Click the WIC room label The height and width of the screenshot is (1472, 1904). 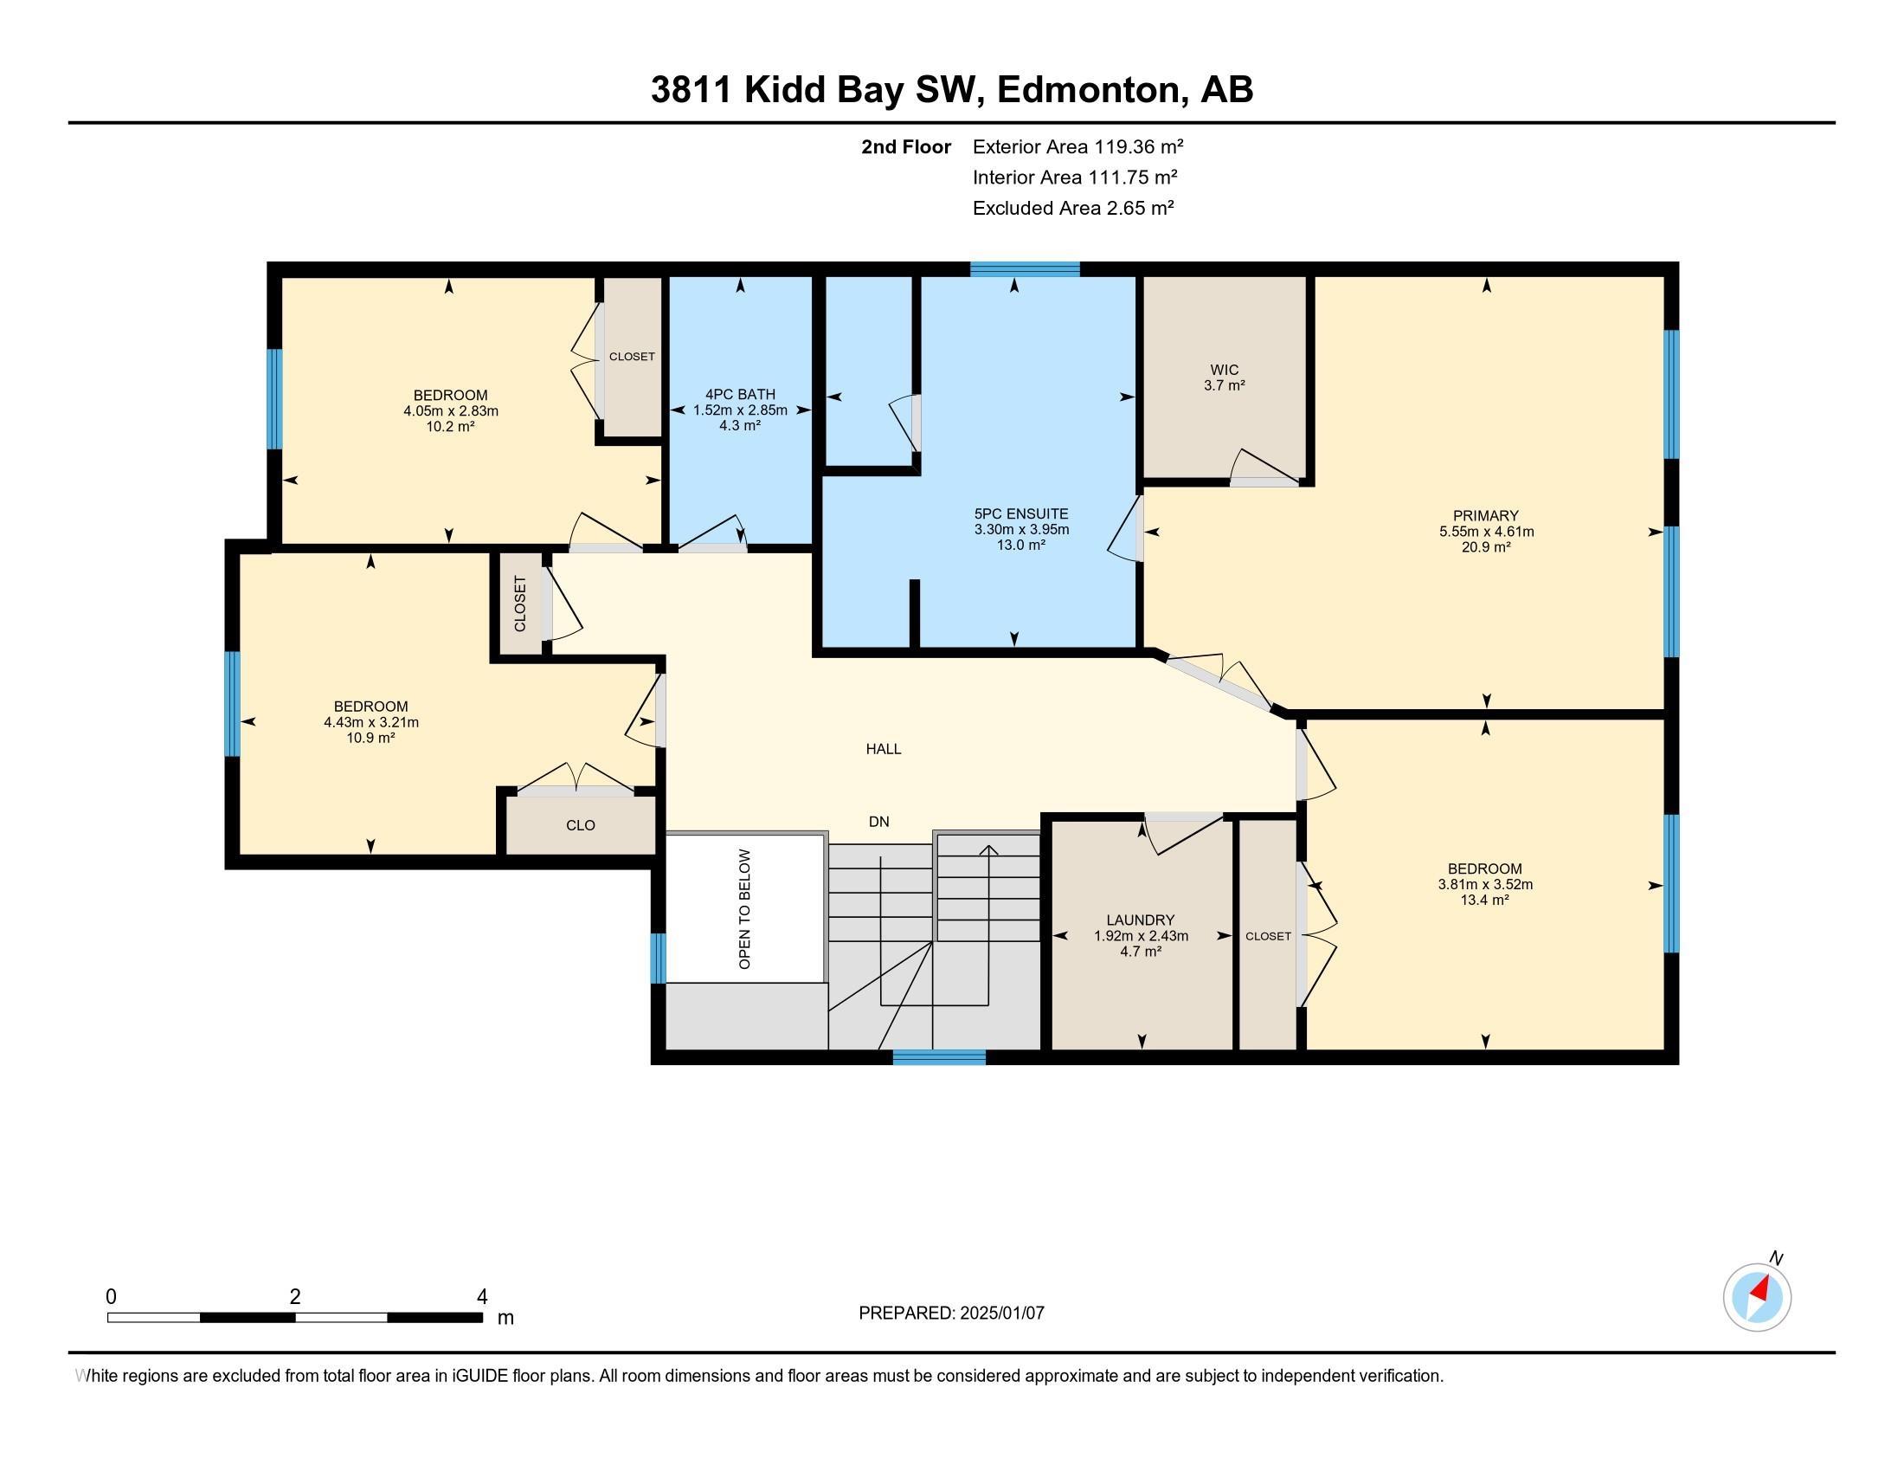pyautogui.click(x=1224, y=370)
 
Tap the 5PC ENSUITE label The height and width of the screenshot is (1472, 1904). pyautogui.click(x=1021, y=514)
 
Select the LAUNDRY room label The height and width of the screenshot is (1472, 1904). pyautogui.click(x=1141, y=920)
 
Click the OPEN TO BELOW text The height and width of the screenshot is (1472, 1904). pyautogui.click(x=744, y=908)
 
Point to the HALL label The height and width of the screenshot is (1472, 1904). pyautogui.click(x=883, y=749)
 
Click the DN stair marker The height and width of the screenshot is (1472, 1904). pyautogui.click(x=878, y=822)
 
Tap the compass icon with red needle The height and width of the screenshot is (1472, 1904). pyautogui.click(x=1757, y=1298)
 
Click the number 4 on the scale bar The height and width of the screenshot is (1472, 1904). pyautogui.click(x=481, y=1297)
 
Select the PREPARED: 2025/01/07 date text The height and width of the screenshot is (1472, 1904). pyautogui.click(x=951, y=1314)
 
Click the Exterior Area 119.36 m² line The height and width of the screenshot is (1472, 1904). pyautogui.click(x=1077, y=146)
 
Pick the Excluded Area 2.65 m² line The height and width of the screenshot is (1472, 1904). pyautogui.click(x=1073, y=208)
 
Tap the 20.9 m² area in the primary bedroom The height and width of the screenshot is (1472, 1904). pyautogui.click(x=1485, y=546)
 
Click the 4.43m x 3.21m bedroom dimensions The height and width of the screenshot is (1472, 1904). pyautogui.click(x=370, y=722)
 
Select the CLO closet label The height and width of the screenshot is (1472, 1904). pyautogui.click(x=580, y=825)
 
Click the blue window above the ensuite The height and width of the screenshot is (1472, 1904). pyautogui.click(x=1025, y=269)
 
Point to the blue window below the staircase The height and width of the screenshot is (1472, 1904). pyautogui.click(x=939, y=1057)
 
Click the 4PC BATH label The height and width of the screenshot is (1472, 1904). pyautogui.click(x=740, y=394)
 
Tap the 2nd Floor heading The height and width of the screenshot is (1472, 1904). pyautogui.click(x=906, y=146)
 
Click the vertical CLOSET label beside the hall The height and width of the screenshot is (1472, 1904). pyautogui.click(x=520, y=604)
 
